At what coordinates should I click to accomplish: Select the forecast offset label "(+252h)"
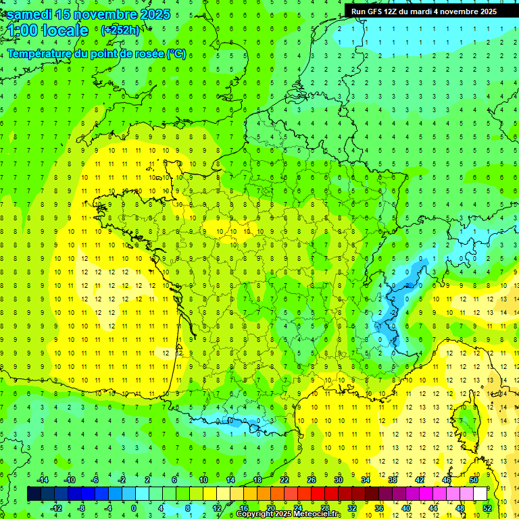[120, 30]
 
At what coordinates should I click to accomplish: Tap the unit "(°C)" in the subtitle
[176, 54]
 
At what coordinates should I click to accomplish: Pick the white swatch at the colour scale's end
[480, 494]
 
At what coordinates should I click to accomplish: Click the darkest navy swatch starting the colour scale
[34, 494]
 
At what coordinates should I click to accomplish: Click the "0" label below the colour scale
[134, 508]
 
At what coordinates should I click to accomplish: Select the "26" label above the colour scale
[312, 480]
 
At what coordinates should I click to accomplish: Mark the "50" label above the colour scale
[474, 480]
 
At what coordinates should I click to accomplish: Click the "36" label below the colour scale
[379, 508]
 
